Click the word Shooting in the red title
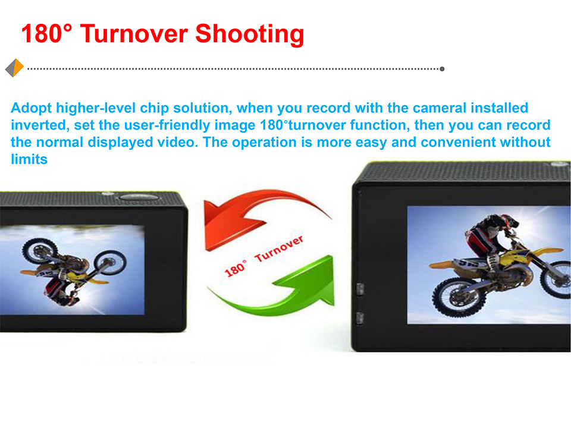pyautogui.click(x=249, y=34)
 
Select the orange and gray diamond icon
pyautogui.click(x=14, y=68)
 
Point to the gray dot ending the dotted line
pyautogui.click(x=442, y=69)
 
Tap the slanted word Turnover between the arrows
pyautogui.click(x=279, y=249)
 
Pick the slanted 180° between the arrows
pyautogui.click(x=236, y=269)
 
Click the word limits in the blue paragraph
pyautogui.click(x=29, y=159)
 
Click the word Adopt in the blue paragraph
pyautogui.click(x=32, y=108)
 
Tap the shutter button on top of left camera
pyautogui.click(x=139, y=197)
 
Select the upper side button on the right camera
pyautogui.click(x=360, y=289)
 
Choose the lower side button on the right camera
pyautogui.click(x=359, y=318)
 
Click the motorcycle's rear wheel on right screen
pyautogui.click(x=454, y=297)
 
